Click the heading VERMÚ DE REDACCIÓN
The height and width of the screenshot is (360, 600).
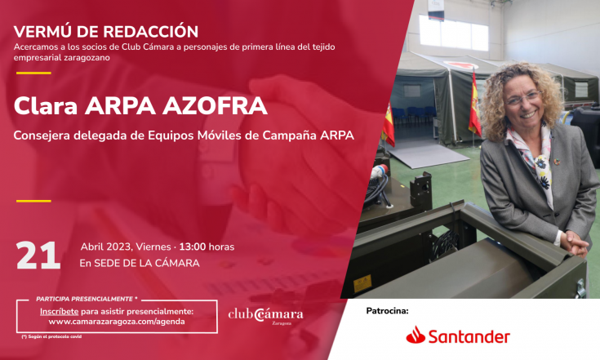105,32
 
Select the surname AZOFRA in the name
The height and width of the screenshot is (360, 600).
215,106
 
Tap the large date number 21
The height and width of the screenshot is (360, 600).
38,256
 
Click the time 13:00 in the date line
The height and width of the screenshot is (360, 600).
192,247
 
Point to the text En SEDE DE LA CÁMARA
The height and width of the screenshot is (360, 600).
140,263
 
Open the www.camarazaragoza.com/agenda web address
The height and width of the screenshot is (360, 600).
117,322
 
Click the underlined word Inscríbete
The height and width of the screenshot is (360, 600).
60,311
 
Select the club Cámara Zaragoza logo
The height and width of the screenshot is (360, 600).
265,316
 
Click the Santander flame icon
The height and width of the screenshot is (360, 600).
416,335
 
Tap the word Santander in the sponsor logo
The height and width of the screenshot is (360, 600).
469,336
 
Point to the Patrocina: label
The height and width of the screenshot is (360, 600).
387,311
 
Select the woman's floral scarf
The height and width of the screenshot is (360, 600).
535,161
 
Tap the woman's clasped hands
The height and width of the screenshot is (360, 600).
574,244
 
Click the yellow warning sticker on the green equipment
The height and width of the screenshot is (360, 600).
362,284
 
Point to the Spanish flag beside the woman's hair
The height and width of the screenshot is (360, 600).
474,104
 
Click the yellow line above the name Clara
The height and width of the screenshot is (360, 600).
33,73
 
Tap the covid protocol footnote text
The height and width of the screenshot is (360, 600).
51,336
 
